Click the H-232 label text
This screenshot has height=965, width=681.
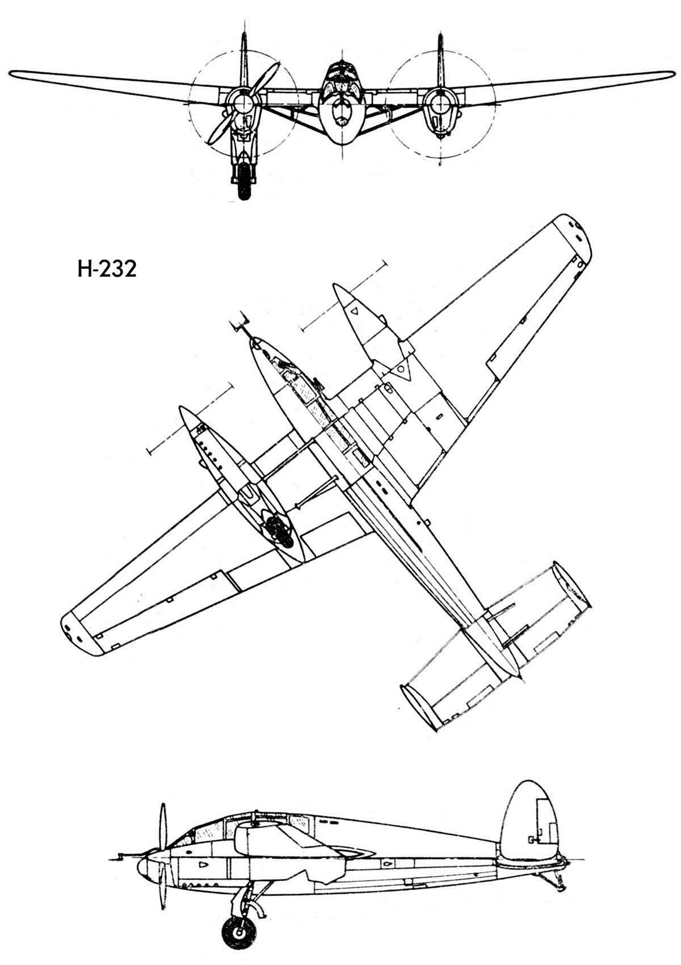(x=107, y=269)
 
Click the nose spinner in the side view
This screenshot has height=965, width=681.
(x=143, y=866)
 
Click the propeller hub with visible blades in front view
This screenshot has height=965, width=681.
(x=243, y=103)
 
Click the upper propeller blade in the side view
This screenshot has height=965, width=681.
(x=163, y=826)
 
